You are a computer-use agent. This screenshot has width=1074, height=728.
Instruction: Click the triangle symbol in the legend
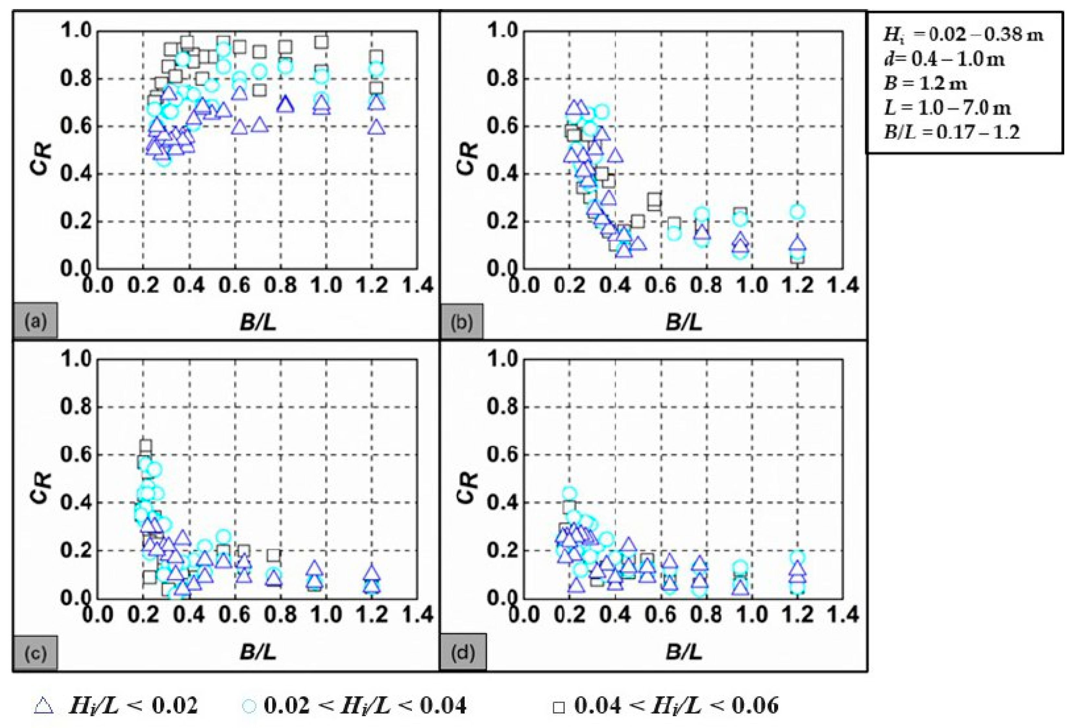44,706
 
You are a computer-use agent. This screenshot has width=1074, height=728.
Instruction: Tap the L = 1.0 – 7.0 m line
947,108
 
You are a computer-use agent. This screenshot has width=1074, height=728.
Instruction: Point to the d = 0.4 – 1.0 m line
944,59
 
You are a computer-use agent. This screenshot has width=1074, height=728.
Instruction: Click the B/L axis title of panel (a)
258,323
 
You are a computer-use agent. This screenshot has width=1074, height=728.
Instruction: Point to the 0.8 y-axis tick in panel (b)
502,79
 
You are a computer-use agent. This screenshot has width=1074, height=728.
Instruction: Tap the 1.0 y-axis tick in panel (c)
76,359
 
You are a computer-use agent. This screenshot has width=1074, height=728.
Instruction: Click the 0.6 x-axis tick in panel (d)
661,615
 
